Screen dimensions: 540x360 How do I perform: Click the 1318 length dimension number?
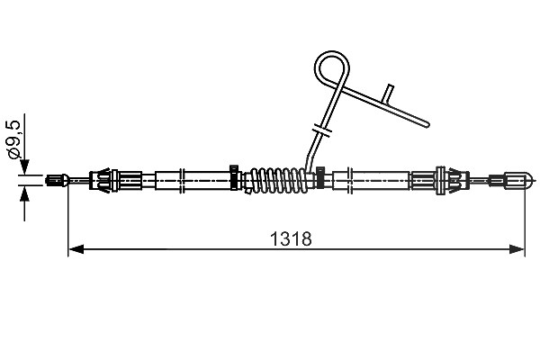[291, 238]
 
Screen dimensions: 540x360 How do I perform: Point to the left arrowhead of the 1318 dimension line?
[76, 248]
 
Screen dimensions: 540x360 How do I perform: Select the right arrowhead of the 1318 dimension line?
[517, 248]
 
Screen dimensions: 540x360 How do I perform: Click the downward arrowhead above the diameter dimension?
[24, 167]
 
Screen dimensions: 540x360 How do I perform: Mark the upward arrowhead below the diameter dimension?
[24, 194]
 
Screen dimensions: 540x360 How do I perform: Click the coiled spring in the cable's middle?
[278, 180]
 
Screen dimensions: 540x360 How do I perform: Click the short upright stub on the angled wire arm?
[388, 94]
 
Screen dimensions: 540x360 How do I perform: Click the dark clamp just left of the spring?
[234, 177]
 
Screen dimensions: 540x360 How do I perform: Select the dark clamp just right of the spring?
[320, 177]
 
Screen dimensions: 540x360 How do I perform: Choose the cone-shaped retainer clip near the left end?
[103, 180]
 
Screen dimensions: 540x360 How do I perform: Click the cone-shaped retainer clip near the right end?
[452, 180]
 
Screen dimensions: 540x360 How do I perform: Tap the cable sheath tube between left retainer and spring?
[193, 180]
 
